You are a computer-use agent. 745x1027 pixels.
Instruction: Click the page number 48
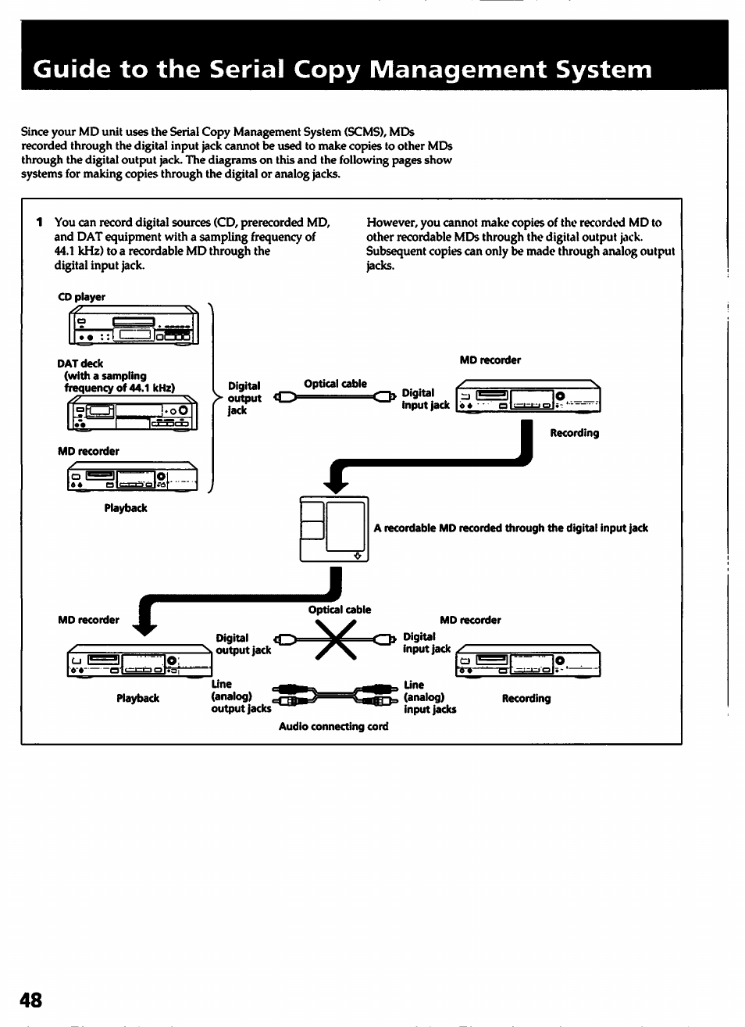tap(31, 1000)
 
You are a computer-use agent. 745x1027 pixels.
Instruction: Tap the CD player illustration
tap(134, 325)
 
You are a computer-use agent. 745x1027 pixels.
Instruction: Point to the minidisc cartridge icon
tap(333, 529)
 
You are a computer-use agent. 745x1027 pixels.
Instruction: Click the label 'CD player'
tap(81, 297)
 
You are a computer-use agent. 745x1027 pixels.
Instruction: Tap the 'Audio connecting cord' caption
tap(333, 727)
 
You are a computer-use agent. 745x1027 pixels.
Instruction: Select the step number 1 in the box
tap(39, 223)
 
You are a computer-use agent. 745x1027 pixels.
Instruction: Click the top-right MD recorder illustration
tap(528, 396)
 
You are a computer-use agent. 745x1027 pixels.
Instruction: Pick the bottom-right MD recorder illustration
tap(528, 660)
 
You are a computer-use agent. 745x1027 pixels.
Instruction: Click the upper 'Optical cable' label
tap(335, 384)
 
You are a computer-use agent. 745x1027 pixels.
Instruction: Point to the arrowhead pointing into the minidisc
tap(336, 486)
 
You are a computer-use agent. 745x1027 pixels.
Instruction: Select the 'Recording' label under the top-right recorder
tap(574, 433)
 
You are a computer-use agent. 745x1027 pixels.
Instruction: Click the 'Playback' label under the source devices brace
tap(126, 508)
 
